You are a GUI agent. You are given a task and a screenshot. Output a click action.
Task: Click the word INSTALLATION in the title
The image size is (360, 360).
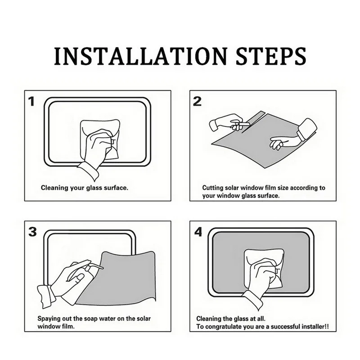coord(141,56)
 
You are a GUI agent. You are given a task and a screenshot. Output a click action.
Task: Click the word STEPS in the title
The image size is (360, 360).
coord(271,56)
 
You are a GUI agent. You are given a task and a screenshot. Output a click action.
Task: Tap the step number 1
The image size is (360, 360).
coord(31,101)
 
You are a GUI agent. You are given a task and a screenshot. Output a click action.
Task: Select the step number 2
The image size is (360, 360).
coord(197,101)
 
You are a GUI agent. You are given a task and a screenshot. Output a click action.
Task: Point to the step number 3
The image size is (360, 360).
coord(32,232)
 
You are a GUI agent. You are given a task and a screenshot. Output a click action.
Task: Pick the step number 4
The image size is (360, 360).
coord(198,232)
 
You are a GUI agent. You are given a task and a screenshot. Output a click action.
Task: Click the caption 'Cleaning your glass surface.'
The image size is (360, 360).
coord(85,188)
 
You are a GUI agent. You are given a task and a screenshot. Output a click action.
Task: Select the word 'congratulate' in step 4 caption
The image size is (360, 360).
coord(223,327)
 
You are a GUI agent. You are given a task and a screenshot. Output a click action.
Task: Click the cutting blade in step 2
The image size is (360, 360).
coord(243,125)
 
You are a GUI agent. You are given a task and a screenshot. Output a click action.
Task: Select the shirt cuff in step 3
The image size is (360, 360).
coord(47,297)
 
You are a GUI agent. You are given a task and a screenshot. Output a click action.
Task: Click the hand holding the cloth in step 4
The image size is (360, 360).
coord(262,275)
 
